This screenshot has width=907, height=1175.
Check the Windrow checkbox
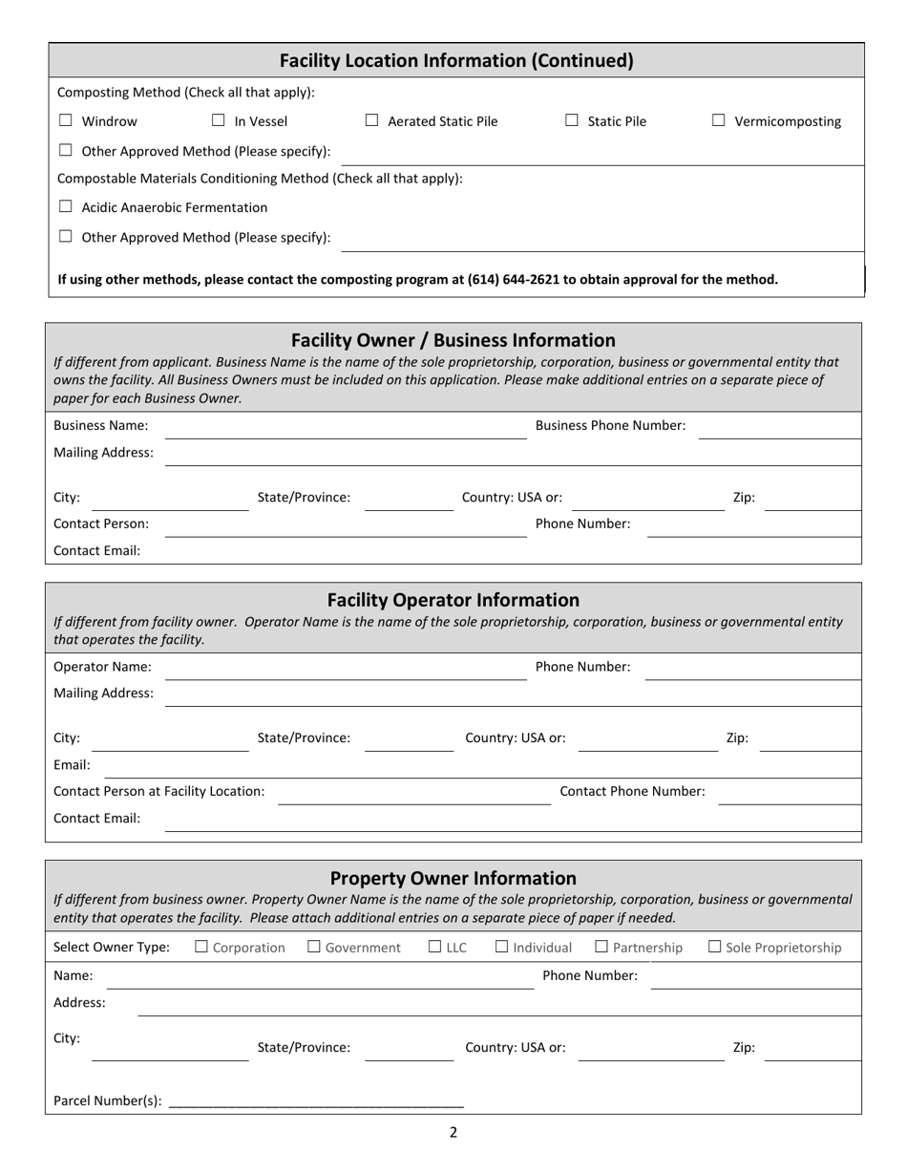click(x=66, y=121)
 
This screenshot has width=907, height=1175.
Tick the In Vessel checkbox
click(x=219, y=121)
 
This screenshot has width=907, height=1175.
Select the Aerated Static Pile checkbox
click(x=372, y=121)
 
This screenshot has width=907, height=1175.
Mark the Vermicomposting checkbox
click(x=719, y=121)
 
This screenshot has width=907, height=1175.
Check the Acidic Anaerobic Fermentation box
click(x=66, y=207)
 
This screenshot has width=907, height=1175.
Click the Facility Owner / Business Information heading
click(x=453, y=340)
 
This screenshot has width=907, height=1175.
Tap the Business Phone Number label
click(x=610, y=426)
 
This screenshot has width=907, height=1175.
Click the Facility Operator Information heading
click(x=453, y=600)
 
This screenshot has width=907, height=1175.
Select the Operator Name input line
click(x=346, y=670)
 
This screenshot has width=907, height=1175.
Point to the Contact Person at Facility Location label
click(x=159, y=791)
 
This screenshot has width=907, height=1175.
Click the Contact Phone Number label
click(x=632, y=791)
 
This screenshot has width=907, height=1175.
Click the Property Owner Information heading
click(x=453, y=878)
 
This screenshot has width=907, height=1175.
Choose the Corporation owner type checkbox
click(x=201, y=947)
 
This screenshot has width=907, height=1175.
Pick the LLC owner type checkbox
click(x=435, y=947)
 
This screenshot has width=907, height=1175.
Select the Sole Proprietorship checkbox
click(x=715, y=947)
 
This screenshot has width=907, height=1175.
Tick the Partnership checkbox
click(x=601, y=947)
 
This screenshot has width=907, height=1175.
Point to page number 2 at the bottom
click(x=453, y=1133)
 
